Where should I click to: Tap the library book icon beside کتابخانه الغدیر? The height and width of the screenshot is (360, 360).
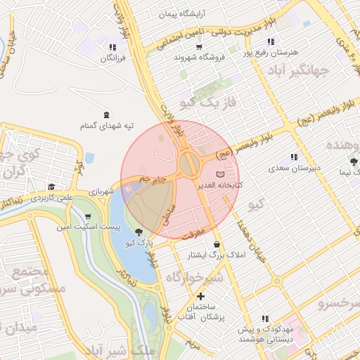pos(220,174)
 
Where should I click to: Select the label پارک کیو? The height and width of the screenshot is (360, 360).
pos(139,243)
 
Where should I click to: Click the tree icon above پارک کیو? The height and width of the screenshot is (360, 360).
pos(139,232)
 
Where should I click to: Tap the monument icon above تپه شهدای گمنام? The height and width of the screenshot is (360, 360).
pos(106,114)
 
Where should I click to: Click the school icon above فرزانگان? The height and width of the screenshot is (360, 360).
pos(112,47)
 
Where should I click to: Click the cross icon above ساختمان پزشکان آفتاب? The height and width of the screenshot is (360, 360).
pos(200,296)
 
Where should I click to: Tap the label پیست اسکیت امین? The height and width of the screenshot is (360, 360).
pos(89,228)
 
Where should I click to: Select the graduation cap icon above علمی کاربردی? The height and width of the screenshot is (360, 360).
pos(51,187)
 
